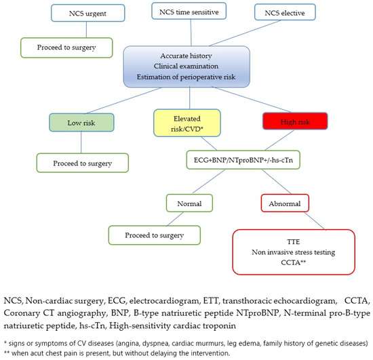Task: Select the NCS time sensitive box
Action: pyautogui.click(x=189, y=12)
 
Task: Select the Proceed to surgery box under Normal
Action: pyautogui.click(x=154, y=235)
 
